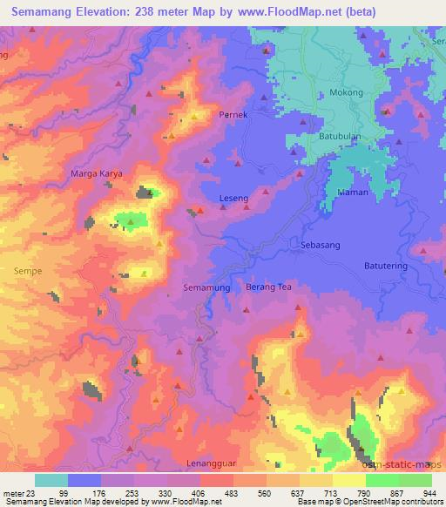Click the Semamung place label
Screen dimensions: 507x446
pos(207,287)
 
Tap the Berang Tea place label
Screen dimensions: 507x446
pos(268,287)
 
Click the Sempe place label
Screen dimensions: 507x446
pos(28,271)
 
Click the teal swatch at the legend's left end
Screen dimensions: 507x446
pos(51,480)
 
